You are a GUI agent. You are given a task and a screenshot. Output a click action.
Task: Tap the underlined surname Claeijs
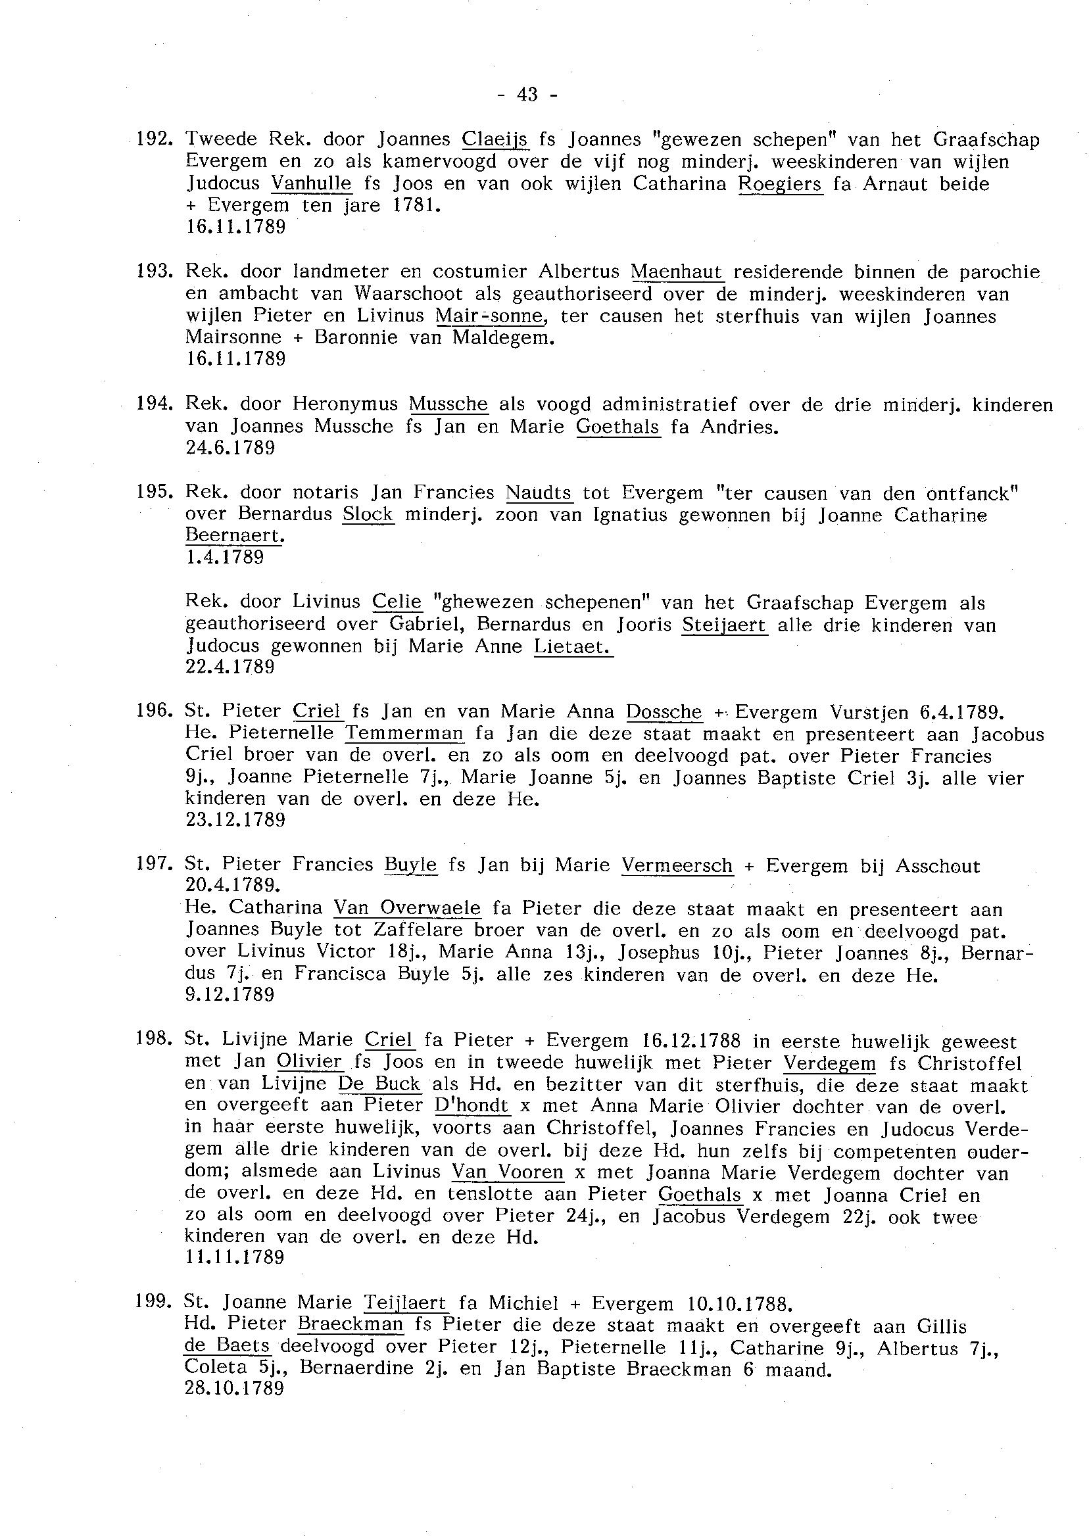496,139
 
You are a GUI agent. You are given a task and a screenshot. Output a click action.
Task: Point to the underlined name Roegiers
780,183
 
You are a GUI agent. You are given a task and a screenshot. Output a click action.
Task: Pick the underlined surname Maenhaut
677,272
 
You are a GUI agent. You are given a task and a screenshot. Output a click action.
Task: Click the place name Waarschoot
409,294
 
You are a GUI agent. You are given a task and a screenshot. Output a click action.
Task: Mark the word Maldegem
503,337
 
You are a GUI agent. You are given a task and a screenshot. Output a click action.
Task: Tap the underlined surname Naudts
539,492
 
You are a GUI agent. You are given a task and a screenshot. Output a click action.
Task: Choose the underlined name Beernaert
234,536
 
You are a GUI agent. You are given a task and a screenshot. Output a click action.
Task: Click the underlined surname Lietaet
573,647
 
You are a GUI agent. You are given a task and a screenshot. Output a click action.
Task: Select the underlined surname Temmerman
404,733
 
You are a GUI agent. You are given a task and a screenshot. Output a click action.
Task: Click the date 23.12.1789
235,820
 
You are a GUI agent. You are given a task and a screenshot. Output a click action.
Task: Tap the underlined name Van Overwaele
407,908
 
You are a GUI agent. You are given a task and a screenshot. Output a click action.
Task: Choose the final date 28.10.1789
234,1388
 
